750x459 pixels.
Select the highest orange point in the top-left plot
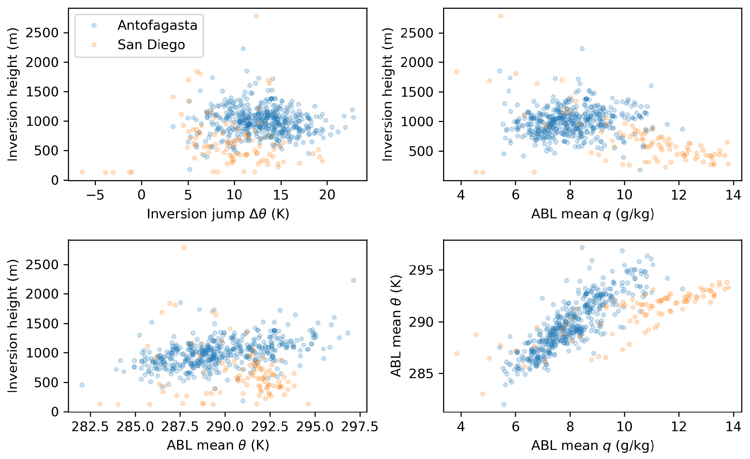pyautogui.click(x=256, y=16)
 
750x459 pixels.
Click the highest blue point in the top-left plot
pyautogui.click(x=243, y=49)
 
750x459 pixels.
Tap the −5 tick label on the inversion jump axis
pyautogui.click(x=95, y=195)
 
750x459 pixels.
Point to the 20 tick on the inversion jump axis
pyautogui.click(x=327, y=195)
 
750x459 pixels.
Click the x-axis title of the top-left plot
pyautogui.click(x=218, y=214)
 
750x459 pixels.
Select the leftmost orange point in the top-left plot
pyautogui.click(x=82, y=172)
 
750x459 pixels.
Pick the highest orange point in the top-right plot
pyautogui.click(x=501, y=16)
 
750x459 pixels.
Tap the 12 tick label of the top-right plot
pyautogui.click(x=679, y=195)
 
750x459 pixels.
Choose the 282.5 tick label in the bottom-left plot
pyautogui.click(x=90, y=427)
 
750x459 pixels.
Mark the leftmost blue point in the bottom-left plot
pyautogui.click(x=82, y=385)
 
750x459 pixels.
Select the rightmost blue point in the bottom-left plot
pyautogui.click(x=353, y=280)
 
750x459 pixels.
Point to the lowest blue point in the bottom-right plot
pyautogui.click(x=504, y=404)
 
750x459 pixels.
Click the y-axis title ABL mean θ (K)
pyautogui.click(x=396, y=326)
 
